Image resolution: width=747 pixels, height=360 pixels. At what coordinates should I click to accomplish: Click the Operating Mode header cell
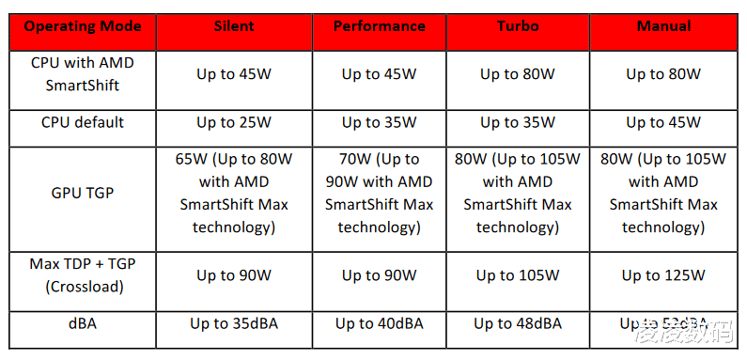pos(83,26)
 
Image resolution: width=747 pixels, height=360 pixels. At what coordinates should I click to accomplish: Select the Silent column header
pos(233,26)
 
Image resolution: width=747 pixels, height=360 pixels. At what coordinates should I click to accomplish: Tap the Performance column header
pos(379,26)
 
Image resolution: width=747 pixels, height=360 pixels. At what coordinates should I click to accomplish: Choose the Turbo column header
pos(518,26)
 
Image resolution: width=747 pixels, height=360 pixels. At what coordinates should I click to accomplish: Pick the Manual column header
pos(663,26)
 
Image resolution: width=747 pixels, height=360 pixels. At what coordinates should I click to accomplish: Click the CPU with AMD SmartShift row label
pos(83,73)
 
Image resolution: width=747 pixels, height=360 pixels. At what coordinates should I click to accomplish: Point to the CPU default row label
pos(83,122)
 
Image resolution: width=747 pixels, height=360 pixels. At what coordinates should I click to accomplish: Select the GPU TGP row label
pos(83,194)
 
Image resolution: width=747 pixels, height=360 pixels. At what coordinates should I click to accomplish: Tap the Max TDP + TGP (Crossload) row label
pos(83,275)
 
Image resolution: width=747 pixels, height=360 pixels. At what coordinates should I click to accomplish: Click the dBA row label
pos(83,323)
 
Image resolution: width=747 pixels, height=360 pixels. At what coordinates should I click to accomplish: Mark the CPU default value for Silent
pos(233,122)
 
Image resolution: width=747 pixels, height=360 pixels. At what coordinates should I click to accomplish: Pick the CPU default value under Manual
pos(663,122)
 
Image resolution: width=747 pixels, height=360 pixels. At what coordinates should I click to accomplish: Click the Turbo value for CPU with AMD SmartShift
pos(518,73)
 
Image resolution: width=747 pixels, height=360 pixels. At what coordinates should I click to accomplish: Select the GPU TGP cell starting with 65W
pos(233,194)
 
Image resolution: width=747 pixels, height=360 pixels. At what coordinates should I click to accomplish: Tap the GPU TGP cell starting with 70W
pos(379,194)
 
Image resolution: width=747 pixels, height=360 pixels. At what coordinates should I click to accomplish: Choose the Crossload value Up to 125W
pos(663,275)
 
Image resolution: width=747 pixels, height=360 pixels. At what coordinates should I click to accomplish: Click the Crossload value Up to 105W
pos(518,275)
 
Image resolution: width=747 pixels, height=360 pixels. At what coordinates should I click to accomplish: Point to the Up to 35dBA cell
pos(233,323)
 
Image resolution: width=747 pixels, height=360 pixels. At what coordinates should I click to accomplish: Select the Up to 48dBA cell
pos(518,323)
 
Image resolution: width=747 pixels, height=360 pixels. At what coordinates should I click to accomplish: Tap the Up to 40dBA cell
pos(379,323)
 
